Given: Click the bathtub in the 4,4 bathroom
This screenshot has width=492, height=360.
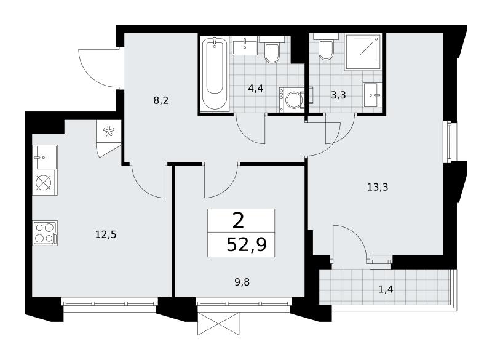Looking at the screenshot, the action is (x=215, y=74).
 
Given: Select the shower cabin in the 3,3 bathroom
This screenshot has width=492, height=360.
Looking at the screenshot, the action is (x=363, y=52).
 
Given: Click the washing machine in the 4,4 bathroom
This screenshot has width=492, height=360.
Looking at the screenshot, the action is (x=292, y=99).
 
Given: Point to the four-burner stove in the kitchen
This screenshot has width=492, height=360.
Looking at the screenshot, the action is (x=45, y=233).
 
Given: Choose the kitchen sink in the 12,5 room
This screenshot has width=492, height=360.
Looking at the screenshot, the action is (x=45, y=158).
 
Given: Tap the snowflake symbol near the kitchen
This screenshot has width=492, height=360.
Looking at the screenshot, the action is (x=109, y=131).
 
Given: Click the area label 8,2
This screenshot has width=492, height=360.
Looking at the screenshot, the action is (x=161, y=100).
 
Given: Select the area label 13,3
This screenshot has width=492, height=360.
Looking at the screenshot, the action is (x=378, y=187).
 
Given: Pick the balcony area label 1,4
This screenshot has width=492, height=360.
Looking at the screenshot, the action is (x=386, y=289).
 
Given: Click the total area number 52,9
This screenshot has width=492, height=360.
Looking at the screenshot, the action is (x=247, y=245).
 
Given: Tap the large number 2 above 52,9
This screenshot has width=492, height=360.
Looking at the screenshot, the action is (x=239, y=221).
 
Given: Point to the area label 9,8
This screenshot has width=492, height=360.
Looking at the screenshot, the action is (x=242, y=282).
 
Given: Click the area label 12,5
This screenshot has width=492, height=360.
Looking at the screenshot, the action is (x=106, y=234).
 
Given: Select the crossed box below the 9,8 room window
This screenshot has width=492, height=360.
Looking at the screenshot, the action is (x=218, y=324).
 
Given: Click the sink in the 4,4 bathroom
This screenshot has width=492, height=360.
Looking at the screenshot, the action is (x=245, y=46).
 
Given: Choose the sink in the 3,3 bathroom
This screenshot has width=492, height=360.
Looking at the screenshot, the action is (x=373, y=95).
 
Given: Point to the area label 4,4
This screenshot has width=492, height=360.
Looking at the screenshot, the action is (x=255, y=89).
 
